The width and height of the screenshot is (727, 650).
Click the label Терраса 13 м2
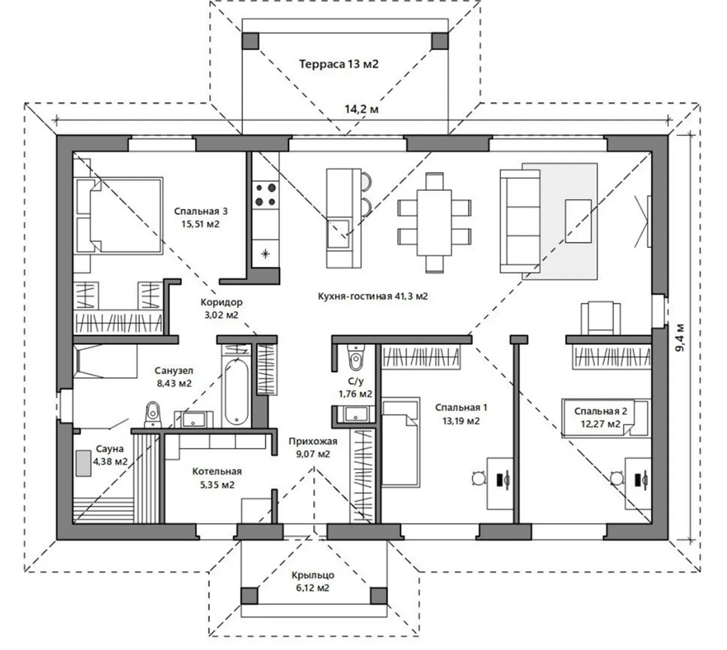tap(339, 64)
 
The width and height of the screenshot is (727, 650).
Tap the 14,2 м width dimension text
tap(361, 109)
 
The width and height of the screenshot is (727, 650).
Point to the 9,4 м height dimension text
tap(680, 338)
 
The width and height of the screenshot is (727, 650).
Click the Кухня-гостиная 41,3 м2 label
tap(373, 296)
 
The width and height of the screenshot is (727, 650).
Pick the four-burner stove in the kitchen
tap(265, 194)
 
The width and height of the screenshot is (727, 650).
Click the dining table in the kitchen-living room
tap(434, 222)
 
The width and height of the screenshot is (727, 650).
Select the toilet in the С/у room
tap(355, 357)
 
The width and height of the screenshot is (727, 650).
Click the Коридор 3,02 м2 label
tap(221, 308)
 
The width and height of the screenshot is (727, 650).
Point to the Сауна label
tap(110, 448)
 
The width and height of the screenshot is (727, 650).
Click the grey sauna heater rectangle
tap(83, 463)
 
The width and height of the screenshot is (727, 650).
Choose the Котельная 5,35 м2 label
tap(217, 478)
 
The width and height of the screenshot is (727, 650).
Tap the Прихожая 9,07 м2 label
tap(313, 447)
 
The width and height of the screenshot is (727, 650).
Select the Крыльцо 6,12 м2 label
tap(313, 581)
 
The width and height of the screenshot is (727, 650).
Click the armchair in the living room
tap(601, 318)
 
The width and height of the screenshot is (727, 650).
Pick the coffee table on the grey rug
tap(578, 221)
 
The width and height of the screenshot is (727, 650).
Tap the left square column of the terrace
tap(250, 41)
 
